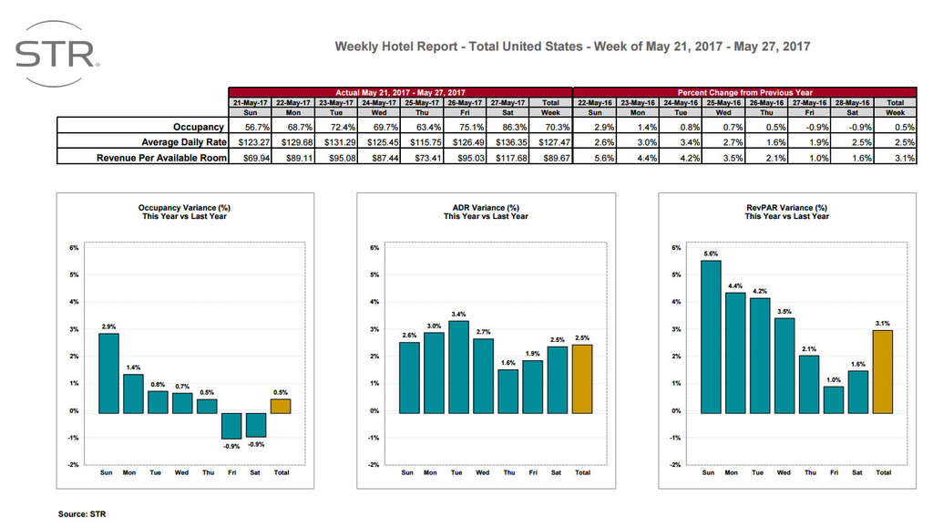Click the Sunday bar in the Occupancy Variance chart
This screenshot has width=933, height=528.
[x=108, y=373]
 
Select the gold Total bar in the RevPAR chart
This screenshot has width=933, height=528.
[x=883, y=371]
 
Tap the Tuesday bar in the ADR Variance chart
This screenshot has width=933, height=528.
[x=458, y=366]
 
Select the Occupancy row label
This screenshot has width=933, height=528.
[x=199, y=127]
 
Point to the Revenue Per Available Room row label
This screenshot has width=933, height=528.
[x=159, y=158]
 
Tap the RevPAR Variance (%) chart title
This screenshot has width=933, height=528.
[x=786, y=212]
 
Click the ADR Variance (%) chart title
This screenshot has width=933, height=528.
[x=486, y=212]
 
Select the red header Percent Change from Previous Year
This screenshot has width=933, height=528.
[x=744, y=92]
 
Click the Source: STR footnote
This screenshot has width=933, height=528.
[x=83, y=513]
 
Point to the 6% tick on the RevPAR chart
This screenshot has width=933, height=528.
[x=675, y=247]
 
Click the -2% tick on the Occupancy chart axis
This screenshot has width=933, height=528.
[x=74, y=465]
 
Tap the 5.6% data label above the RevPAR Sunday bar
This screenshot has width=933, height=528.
[x=711, y=254]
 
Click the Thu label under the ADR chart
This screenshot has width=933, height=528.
[x=508, y=472]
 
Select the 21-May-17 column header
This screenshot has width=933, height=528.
[x=250, y=103]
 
